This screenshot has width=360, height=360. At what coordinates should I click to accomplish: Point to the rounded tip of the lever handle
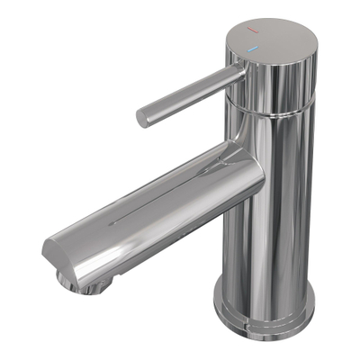(x=143, y=118)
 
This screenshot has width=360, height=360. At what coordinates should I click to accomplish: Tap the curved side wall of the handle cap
(x=288, y=72)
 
